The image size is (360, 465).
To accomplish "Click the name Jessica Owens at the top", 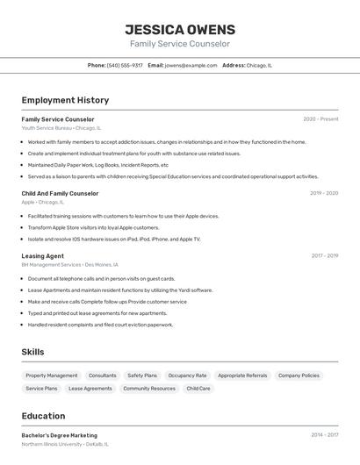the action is coord(179,29).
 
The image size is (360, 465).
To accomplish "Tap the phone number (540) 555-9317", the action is coord(125,65).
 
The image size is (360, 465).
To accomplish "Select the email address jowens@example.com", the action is coord(191,65).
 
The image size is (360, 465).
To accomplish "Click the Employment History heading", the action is coord(65,100).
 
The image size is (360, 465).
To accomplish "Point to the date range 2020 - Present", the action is coord(320,119).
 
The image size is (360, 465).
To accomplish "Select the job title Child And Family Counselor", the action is coord(60,193).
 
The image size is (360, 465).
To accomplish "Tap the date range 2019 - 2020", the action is coord(323,193).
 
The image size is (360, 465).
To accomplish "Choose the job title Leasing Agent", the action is coord(42,255).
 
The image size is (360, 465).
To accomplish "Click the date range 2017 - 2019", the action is coord(324,255).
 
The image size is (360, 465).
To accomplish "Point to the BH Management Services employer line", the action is coord(69,264).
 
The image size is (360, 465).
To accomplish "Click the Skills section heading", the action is coord(32,352).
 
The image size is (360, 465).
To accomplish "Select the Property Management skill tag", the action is coord(52,376).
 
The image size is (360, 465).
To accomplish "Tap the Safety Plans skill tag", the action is coord(142,376).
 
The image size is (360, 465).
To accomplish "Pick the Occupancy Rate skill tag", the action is coord(187,376).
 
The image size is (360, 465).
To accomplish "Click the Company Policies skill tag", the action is coord(299,376).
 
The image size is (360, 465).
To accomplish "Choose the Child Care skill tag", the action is coord(198,388).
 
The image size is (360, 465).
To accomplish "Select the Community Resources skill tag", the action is coord(149,388).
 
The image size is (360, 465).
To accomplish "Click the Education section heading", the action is coord(43,416).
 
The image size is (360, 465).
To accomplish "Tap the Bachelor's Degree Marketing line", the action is coord(59,435).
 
